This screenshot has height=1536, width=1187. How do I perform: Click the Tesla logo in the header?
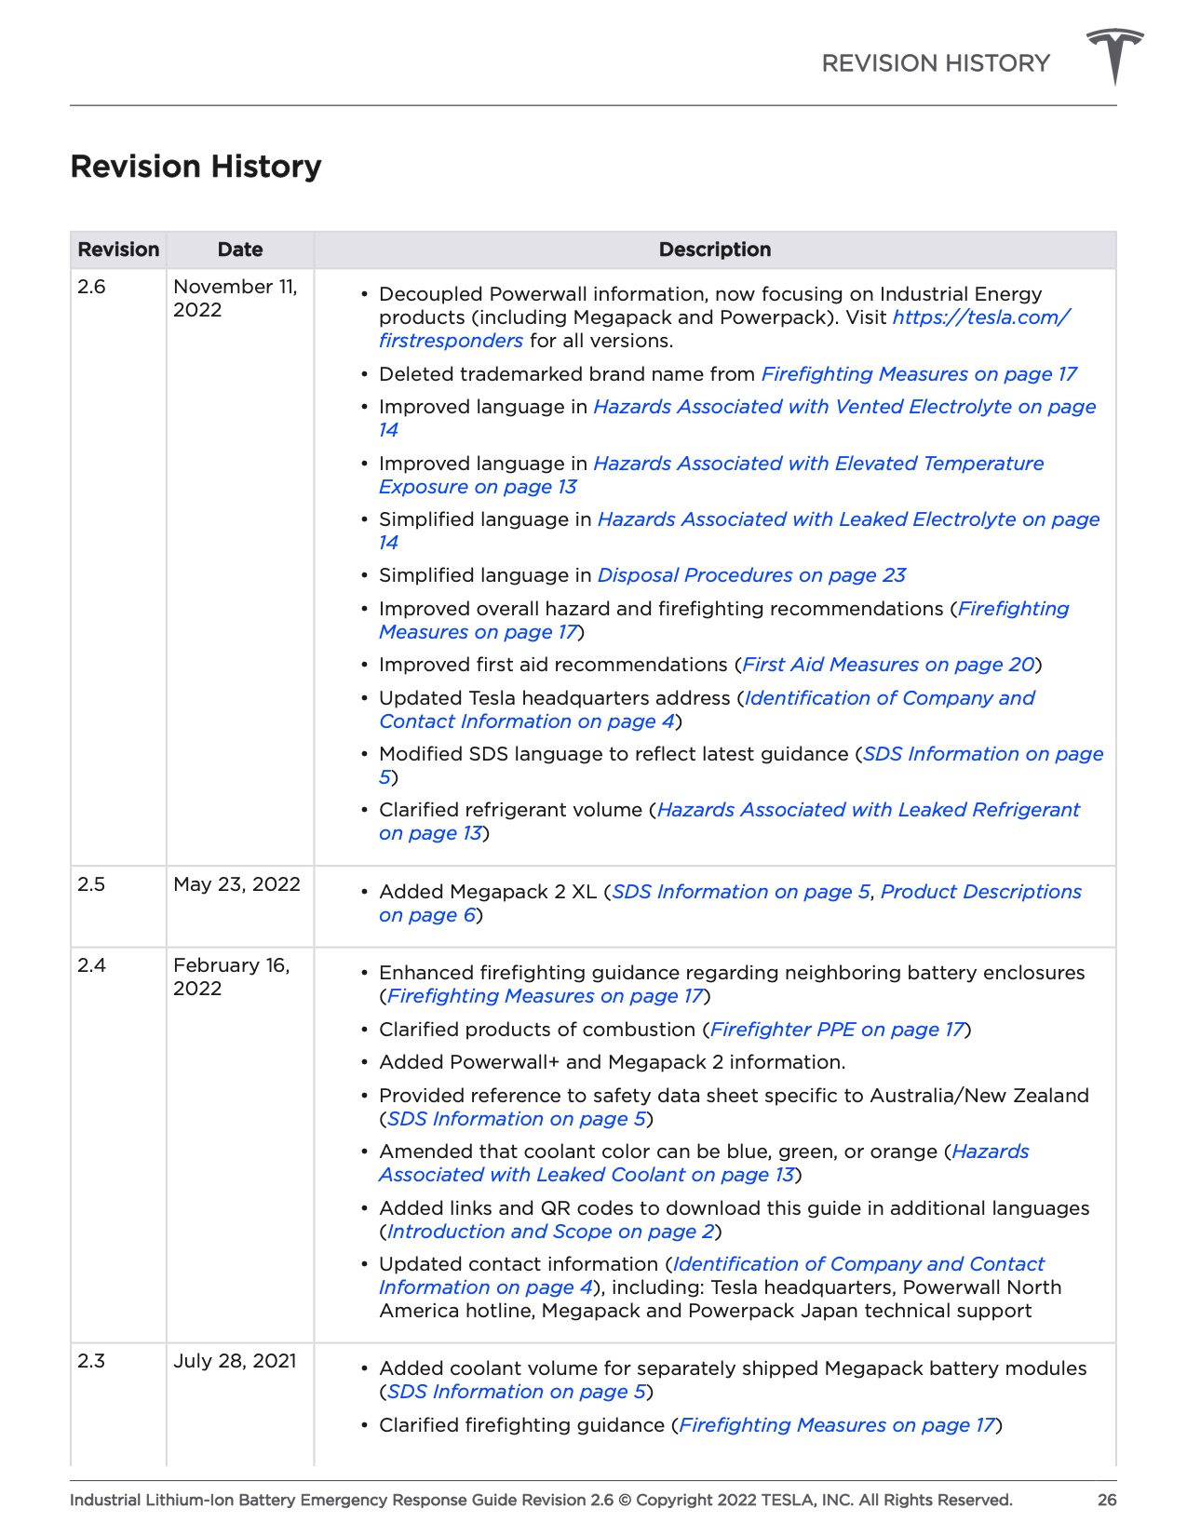(x=1114, y=56)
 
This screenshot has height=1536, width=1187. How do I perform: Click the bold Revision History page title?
(x=196, y=167)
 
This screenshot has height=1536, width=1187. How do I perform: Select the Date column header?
(x=240, y=249)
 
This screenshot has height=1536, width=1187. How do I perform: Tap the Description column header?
(x=714, y=249)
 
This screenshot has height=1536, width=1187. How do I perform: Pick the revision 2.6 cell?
(x=92, y=287)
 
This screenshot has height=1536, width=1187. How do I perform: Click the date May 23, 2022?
(x=236, y=884)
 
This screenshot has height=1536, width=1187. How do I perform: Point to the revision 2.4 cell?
(x=92, y=965)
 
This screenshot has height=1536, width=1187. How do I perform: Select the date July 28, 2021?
(x=235, y=1361)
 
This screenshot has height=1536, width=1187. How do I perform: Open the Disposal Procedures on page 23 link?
(x=751, y=575)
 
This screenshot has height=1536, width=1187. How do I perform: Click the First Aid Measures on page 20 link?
(x=888, y=665)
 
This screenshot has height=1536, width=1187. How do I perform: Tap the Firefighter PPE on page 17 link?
(x=837, y=1030)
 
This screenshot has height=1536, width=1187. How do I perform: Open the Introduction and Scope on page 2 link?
(x=550, y=1232)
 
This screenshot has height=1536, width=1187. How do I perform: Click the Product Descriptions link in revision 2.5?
(x=980, y=892)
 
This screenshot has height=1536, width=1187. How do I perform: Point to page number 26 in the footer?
(x=1107, y=1500)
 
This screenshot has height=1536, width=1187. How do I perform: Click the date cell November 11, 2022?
(x=235, y=298)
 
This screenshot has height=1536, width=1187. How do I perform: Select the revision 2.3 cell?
(x=92, y=1361)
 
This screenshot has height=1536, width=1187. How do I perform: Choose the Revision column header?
(x=118, y=249)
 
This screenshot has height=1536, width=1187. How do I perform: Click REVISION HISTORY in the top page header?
(x=935, y=63)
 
